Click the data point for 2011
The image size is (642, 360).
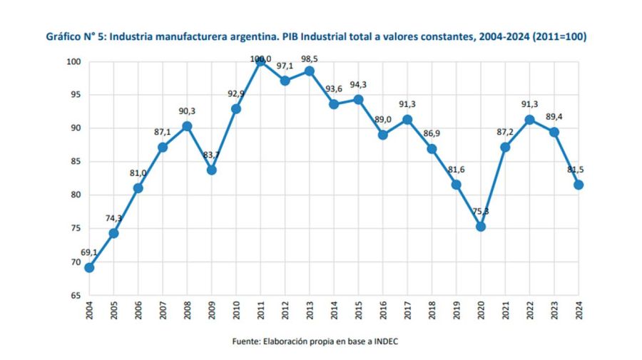coord(260,62)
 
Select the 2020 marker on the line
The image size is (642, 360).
coord(480,226)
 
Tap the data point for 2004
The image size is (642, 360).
coord(89,267)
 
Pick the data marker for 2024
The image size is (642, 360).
coord(579,185)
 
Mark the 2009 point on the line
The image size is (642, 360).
coord(212,170)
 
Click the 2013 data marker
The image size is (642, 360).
coord(310,71)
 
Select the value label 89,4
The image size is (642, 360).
coord(554,117)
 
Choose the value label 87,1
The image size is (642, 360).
coord(163,133)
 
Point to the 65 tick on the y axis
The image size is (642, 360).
coord(75,295)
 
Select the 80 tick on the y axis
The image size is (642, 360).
coord(75,195)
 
